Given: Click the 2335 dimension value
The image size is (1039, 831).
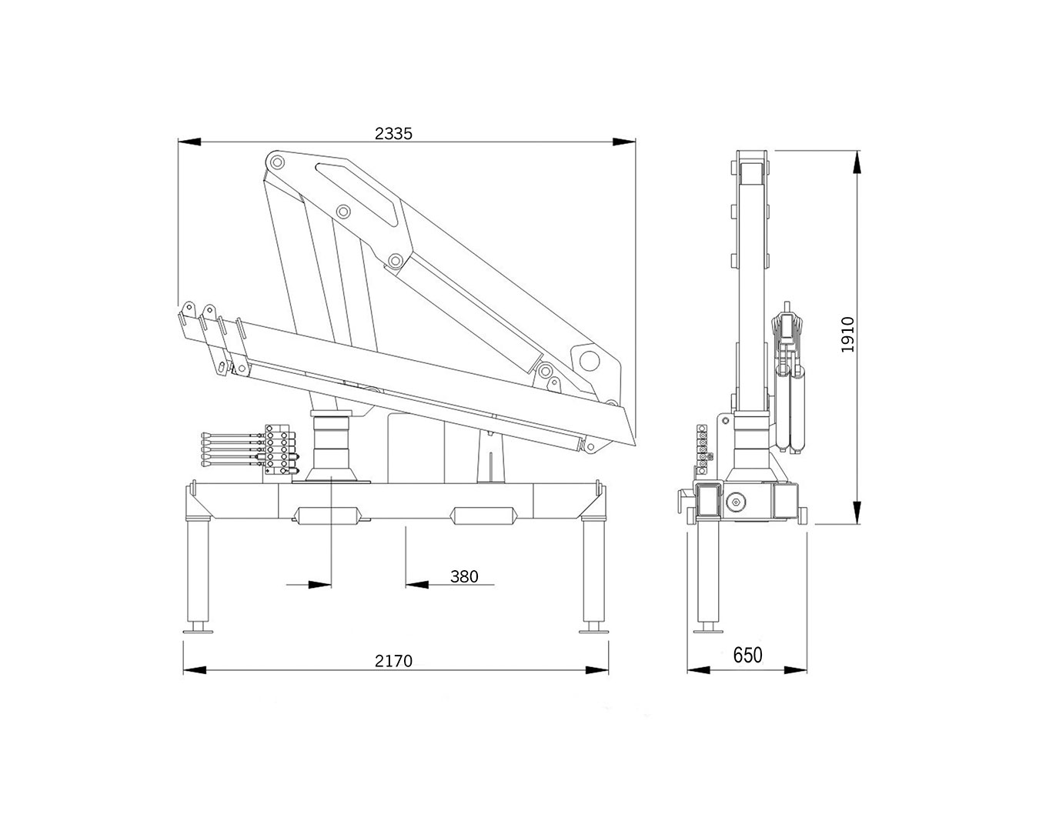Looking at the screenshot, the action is pyautogui.click(x=393, y=133).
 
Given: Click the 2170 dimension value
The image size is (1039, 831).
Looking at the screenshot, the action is pyautogui.click(x=393, y=660).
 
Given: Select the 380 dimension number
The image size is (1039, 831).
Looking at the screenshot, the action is pyautogui.click(x=464, y=576).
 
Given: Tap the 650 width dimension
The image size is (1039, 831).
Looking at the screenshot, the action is pyautogui.click(x=748, y=656).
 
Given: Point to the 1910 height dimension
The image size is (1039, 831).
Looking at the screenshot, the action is pyautogui.click(x=848, y=334).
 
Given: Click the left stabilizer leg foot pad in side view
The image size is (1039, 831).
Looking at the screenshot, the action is pyautogui.click(x=198, y=627).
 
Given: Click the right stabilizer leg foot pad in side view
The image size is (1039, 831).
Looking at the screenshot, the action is pyautogui.click(x=594, y=627).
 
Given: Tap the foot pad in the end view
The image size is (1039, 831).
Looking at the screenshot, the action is pyautogui.click(x=708, y=627).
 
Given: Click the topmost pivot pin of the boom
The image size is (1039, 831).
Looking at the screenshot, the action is pyautogui.click(x=277, y=162).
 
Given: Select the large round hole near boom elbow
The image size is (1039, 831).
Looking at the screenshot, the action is pyautogui.click(x=590, y=361).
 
